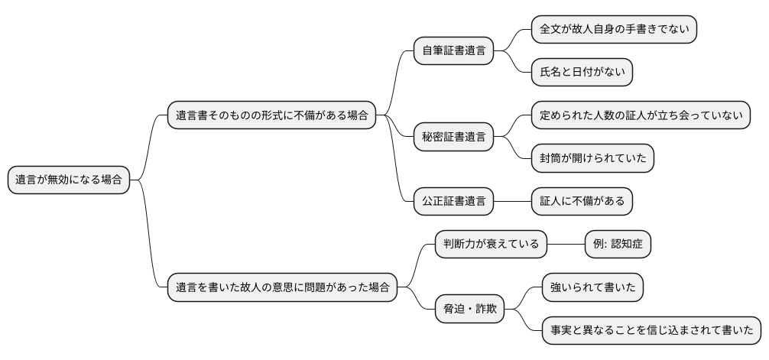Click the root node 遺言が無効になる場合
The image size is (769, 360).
click(69, 180)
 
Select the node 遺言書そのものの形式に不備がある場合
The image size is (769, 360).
click(272, 116)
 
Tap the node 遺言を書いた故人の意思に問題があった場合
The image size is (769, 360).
click(282, 287)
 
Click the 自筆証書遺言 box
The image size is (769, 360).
click(453, 51)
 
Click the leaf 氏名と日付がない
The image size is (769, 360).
click(582, 73)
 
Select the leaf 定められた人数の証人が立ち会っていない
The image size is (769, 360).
click(641, 115)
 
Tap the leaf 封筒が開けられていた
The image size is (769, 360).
click(593, 158)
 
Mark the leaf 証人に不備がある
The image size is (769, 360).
click(582, 201)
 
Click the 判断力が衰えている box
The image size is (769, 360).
click(491, 245)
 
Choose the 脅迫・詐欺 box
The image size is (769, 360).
click(469, 309)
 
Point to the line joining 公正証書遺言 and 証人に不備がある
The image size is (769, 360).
click(512, 201)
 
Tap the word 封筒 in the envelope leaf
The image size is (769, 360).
click(552, 158)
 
